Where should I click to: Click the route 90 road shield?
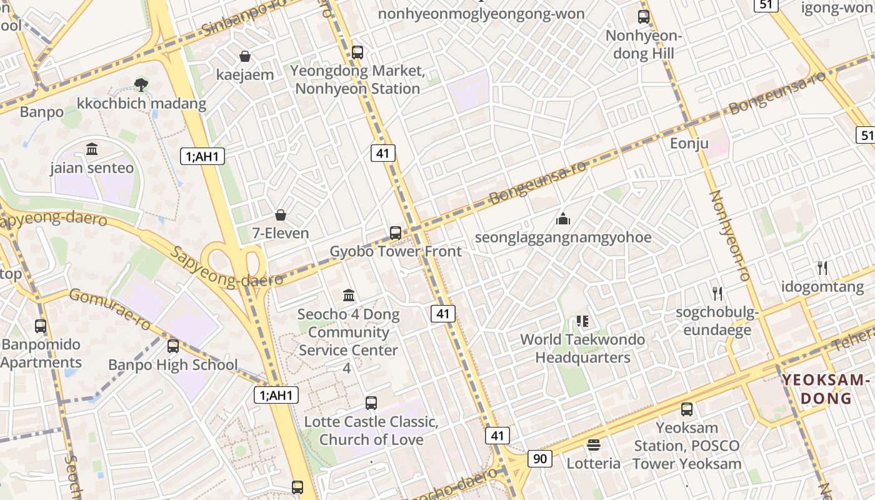tap(540, 458)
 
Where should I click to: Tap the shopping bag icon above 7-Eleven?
tap(281, 215)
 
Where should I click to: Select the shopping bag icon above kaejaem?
tap(245, 56)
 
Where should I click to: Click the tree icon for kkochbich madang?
tap(142, 84)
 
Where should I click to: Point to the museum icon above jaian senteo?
tap(92, 149)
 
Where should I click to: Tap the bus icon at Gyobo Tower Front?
tap(395, 233)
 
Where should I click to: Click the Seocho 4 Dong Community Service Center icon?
tap(349, 294)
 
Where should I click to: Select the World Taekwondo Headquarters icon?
tap(582, 321)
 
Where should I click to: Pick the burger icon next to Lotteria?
tap(593, 445)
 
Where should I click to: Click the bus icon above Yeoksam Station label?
tap(686, 409)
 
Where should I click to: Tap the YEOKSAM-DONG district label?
tap(826, 389)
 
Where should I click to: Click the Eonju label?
tap(689, 144)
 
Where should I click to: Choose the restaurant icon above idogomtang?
tap(822, 268)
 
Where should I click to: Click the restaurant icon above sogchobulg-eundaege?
tap(717, 293)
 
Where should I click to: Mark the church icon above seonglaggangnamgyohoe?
tap(563, 219)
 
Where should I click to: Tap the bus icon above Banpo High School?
tap(173, 346)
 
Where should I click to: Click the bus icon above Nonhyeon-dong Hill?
tap(644, 17)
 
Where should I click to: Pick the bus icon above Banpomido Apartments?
tap(41, 326)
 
